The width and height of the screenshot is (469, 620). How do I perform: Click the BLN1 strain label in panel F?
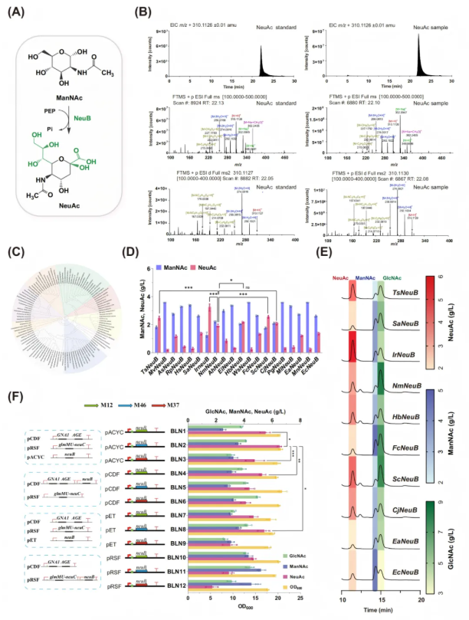pyautogui.click(x=180, y=432)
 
